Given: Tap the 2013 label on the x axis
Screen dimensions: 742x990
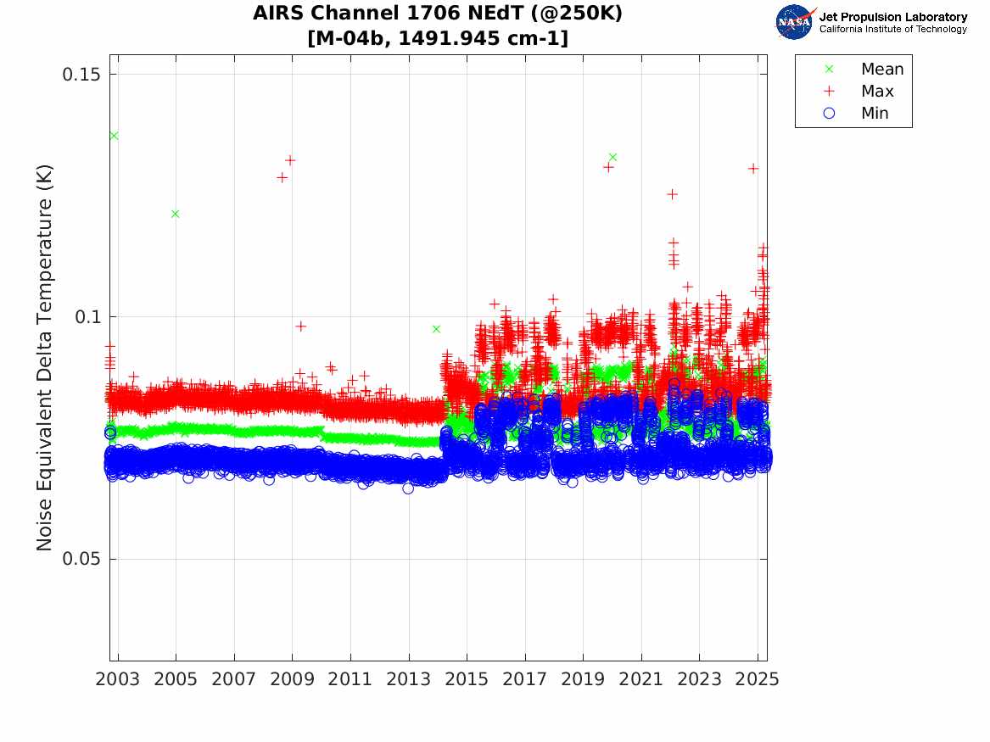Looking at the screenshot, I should [x=409, y=679].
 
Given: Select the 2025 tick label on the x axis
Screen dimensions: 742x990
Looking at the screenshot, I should [x=758, y=679].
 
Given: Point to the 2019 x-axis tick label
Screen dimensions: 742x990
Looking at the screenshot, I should [x=584, y=679].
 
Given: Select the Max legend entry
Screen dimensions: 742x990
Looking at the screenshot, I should [x=877, y=92].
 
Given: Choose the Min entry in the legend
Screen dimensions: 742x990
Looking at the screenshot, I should [x=875, y=114].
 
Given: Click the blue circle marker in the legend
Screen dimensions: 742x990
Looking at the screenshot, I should [x=830, y=114].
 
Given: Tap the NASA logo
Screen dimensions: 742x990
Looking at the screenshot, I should [x=795, y=22].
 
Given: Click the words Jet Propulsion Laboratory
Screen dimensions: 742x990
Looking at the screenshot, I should [x=892, y=17].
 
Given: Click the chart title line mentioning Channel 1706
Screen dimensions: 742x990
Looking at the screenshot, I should [x=438, y=14].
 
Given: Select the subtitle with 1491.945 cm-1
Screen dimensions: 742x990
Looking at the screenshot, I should [x=438, y=38].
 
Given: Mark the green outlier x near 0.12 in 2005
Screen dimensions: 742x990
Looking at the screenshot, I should [x=175, y=214].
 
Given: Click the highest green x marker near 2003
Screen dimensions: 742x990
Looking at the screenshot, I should [x=114, y=136].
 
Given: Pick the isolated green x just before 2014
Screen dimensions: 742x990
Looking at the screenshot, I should [x=436, y=329].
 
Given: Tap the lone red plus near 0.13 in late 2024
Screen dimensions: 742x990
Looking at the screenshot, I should [x=752, y=169].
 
